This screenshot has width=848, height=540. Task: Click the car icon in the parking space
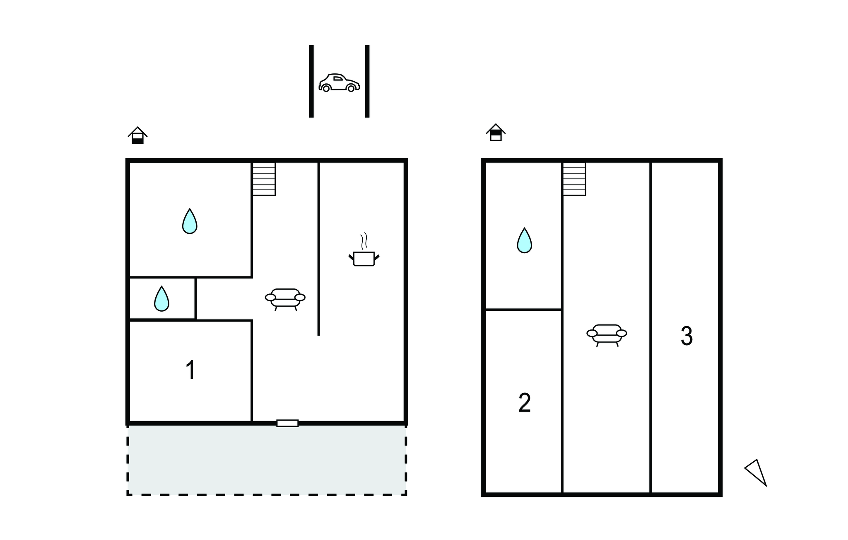(339, 82)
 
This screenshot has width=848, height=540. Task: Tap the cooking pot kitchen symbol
(364, 257)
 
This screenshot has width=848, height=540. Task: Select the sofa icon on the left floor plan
(285, 298)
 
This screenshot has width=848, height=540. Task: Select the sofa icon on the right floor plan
(607, 334)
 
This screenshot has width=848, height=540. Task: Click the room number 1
(190, 370)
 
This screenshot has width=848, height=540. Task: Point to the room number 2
(524, 403)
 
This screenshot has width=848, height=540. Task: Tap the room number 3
(687, 336)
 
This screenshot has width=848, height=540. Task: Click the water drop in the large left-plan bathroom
(190, 222)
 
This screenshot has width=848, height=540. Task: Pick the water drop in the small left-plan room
(161, 299)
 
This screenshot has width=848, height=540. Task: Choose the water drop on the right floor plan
(524, 241)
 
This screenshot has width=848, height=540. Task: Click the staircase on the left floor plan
(264, 179)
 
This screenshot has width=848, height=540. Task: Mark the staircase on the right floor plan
(574, 179)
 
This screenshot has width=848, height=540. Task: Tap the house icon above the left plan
(137, 136)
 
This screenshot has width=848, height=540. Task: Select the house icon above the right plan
(496, 132)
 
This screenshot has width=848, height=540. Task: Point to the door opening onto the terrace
(287, 423)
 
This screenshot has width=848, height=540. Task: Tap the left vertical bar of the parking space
(311, 81)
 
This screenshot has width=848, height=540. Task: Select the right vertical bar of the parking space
(367, 81)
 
